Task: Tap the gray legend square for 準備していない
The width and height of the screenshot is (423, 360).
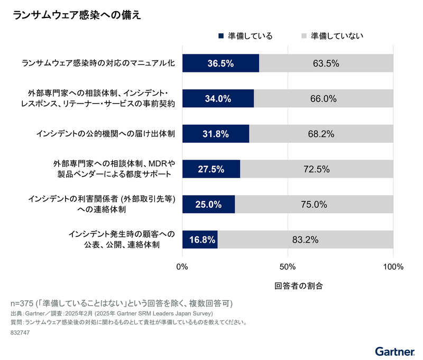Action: coord(304,36)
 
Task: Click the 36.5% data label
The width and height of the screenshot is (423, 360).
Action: coord(220,63)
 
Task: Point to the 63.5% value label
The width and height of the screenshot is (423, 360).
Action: coord(326,63)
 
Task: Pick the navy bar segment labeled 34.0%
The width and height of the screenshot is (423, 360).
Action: coord(218,99)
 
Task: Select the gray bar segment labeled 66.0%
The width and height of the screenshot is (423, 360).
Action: coord(324,99)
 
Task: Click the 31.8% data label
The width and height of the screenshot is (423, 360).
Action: coord(216,134)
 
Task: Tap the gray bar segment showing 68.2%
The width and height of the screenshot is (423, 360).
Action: coord(321,134)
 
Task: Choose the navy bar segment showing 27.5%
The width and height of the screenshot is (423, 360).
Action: coord(211,169)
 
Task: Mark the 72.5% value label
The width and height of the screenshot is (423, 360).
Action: coord(317,169)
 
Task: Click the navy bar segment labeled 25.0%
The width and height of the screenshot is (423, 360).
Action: coord(208,205)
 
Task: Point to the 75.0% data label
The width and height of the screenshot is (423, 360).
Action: coord(314,205)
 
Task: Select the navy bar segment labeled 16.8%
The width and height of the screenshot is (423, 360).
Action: coord(200,239)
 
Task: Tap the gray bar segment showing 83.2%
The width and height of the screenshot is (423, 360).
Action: coord(305,239)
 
